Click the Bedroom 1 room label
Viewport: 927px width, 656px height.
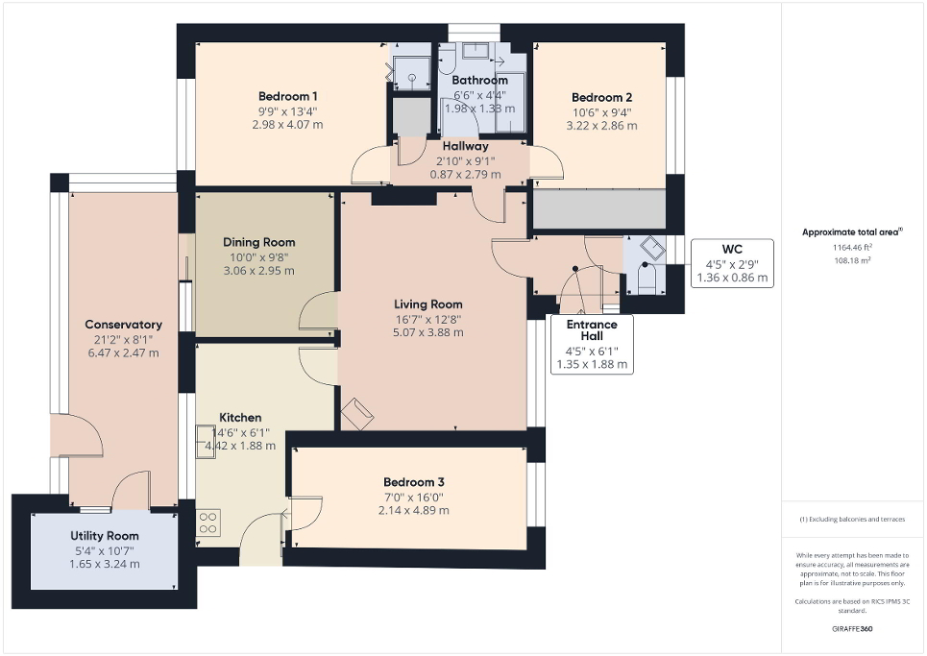tap(288, 96)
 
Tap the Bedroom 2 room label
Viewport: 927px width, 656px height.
tap(601, 98)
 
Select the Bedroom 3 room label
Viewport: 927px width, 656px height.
tap(413, 482)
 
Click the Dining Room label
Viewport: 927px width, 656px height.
tap(259, 242)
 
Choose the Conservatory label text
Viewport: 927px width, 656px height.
tap(123, 325)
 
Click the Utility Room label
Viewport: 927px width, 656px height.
tap(105, 536)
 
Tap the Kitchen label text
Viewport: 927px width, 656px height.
tap(240, 418)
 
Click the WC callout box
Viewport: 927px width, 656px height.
tap(732, 263)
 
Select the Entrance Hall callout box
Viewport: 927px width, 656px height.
tap(592, 345)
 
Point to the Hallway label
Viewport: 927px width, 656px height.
tap(465, 146)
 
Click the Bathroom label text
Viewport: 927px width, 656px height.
tap(479, 81)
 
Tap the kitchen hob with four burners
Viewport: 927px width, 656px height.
tap(208, 522)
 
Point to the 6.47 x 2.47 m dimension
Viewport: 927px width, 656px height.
tap(123, 353)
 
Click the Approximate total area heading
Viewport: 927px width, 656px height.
tap(851, 231)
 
